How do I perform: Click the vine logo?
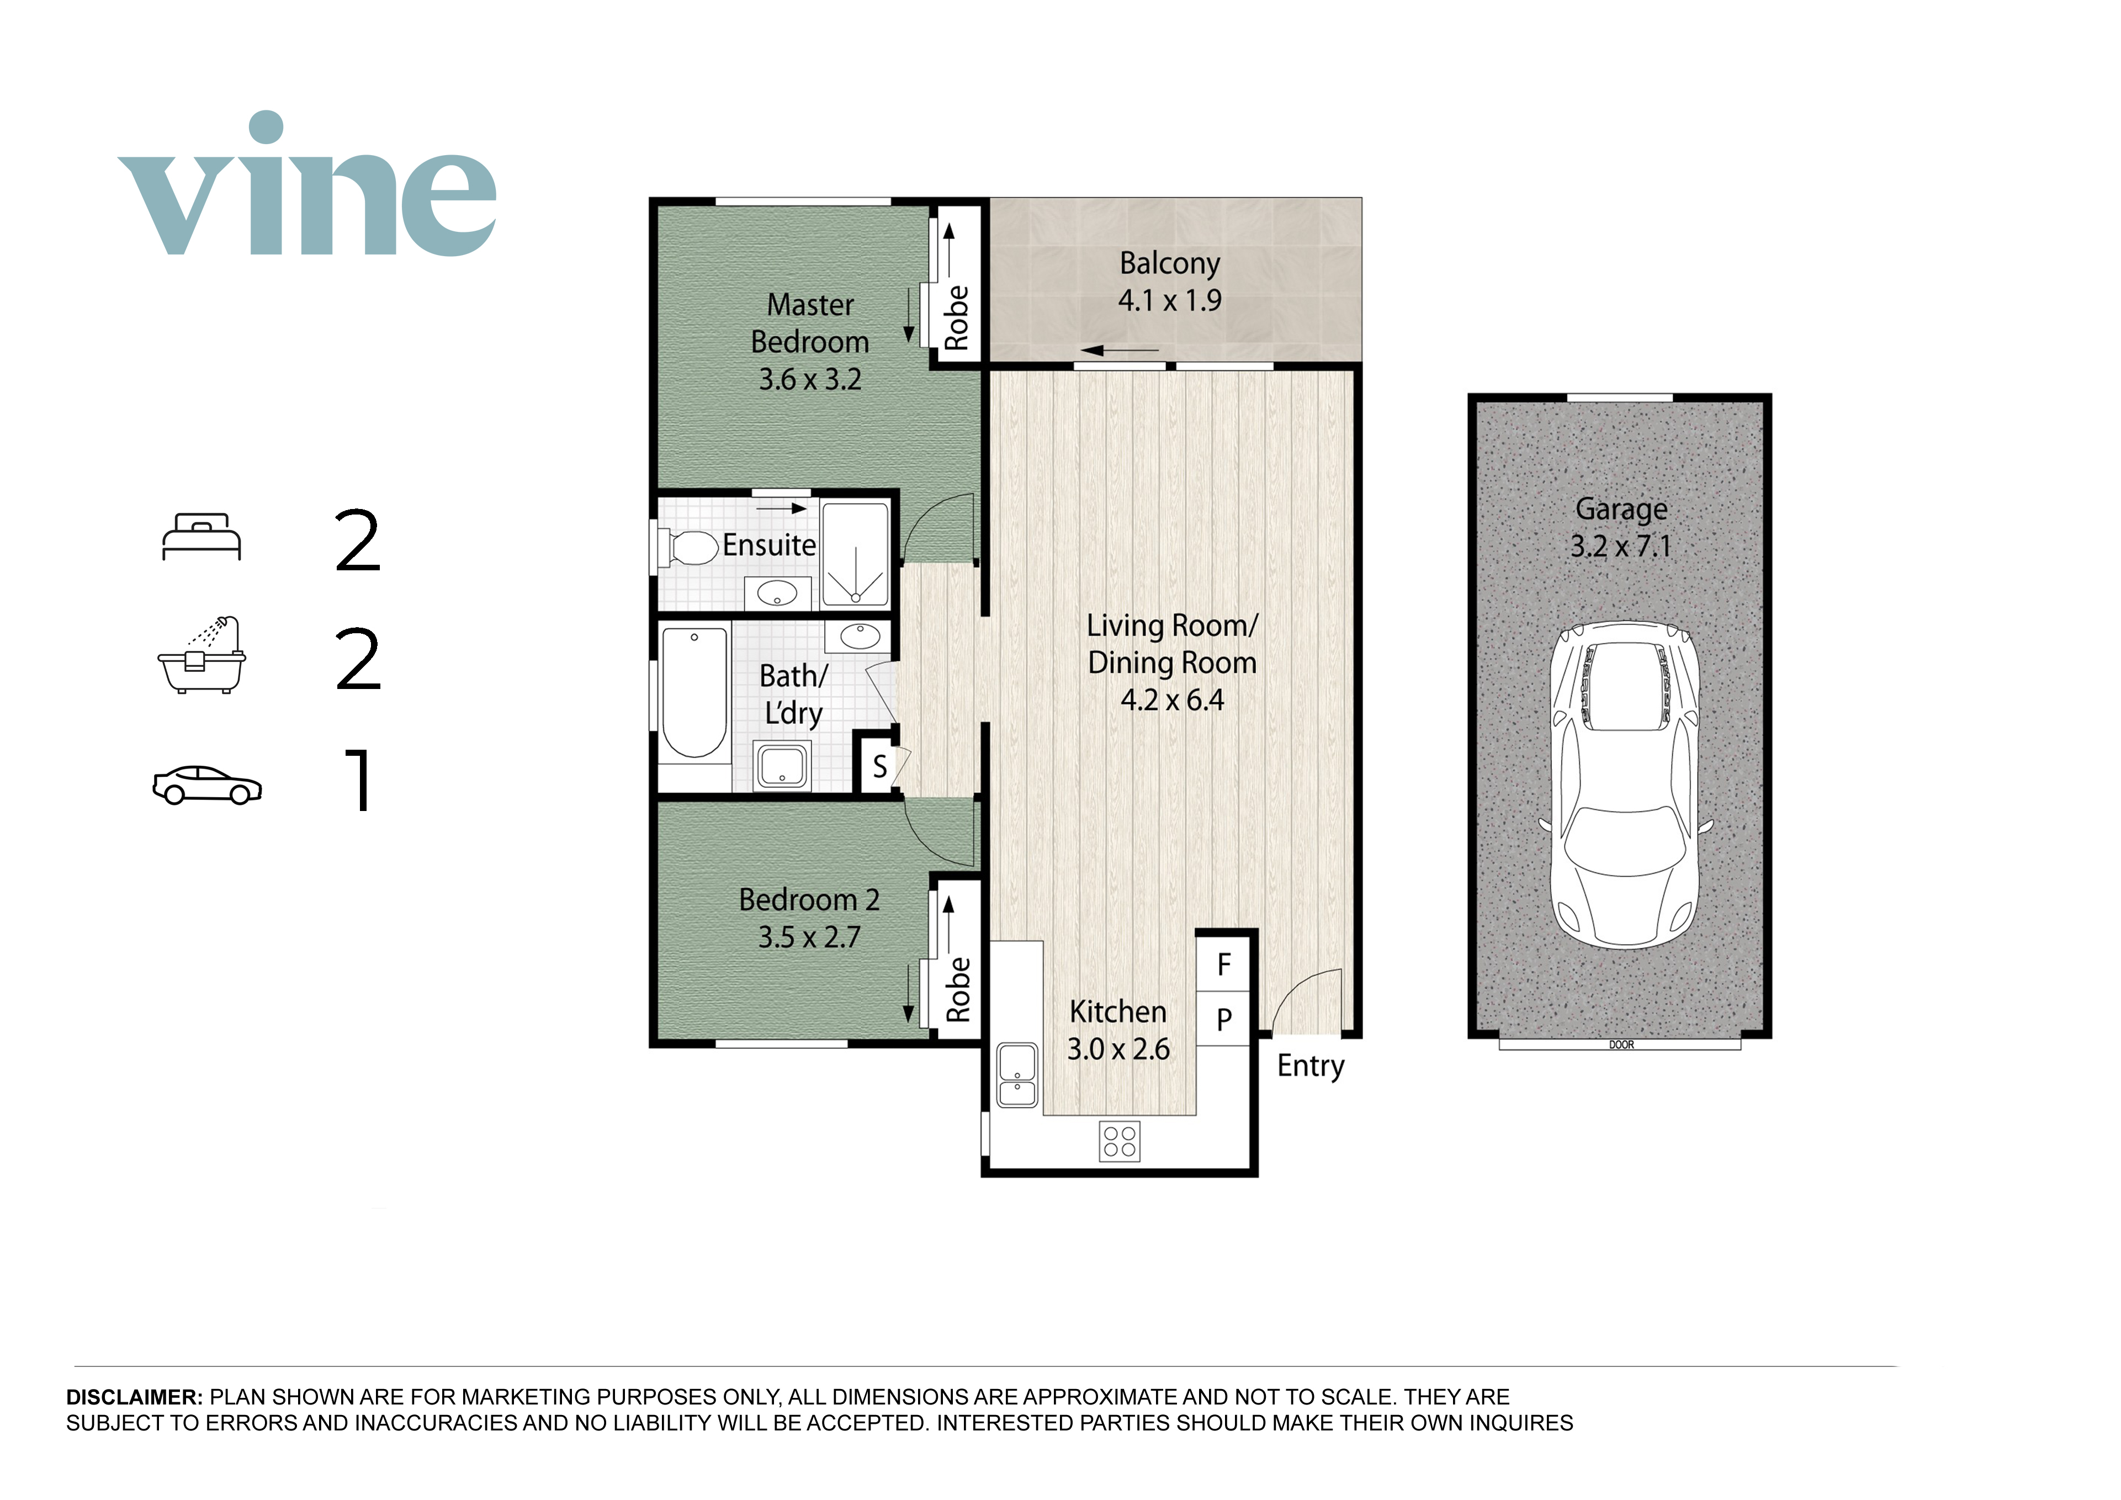click(307, 184)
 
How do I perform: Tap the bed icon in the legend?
click(202, 537)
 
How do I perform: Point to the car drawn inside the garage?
click(1625, 784)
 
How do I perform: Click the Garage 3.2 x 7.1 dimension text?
click(1621, 546)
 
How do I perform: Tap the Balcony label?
click(1169, 264)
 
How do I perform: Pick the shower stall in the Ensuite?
click(855, 554)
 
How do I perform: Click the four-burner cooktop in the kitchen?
click(1120, 1141)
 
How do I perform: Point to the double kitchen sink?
click(1017, 1075)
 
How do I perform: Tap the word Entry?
click(1311, 1067)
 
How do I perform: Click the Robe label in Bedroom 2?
click(958, 989)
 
